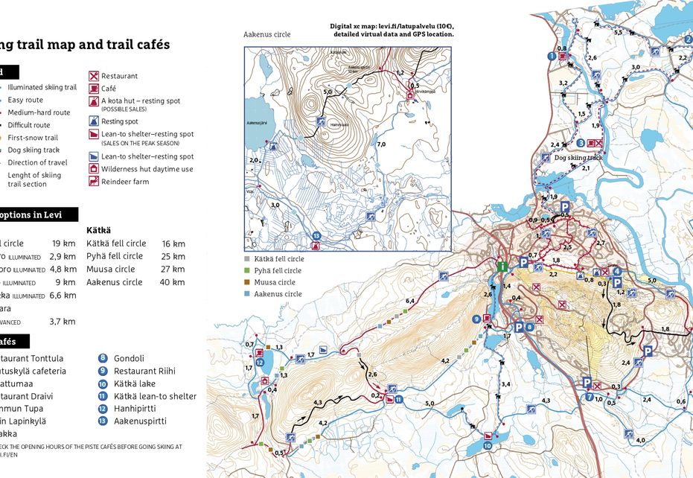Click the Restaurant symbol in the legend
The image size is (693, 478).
coord(94,76)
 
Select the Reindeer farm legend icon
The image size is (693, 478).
coord(94,182)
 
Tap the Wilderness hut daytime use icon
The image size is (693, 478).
coord(94,169)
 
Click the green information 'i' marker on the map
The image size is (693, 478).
coord(502,267)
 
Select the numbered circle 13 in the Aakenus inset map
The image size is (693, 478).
coord(317,236)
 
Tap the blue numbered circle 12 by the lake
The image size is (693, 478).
coord(260,363)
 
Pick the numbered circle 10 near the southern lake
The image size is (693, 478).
coord(488,446)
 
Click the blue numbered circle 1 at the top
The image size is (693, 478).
coord(552,56)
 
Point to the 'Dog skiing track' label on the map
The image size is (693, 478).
coord(578,158)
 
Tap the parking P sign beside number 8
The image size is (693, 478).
coord(519,327)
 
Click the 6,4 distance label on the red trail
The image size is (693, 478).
coord(409,301)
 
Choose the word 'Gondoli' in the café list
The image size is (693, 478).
coord(129,358)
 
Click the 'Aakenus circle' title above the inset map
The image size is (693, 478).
coord(266,34)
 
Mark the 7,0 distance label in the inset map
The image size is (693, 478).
coord(382,144)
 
